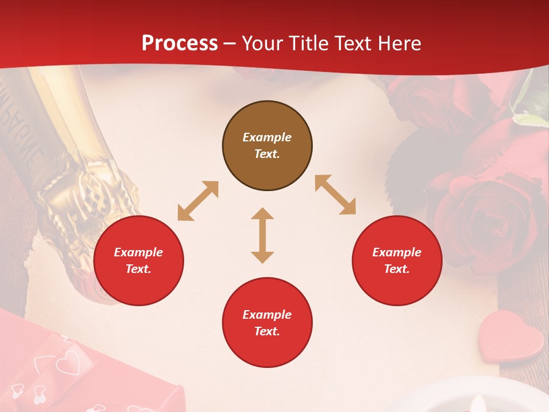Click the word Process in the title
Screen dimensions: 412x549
click(180, 43)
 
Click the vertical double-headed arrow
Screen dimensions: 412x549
click(262, 235)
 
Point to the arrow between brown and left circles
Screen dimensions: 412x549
click(198, 201)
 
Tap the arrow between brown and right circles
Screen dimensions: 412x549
click(335, 195)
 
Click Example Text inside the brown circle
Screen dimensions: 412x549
click(267, 145)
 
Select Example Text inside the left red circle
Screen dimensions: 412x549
click(138, 260)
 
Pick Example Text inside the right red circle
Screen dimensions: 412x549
click(397, 260)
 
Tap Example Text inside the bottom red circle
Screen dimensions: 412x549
click(267, 323)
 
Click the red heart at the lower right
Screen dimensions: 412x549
click(511, 336)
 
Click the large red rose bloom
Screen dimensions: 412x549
click(486, 217)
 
